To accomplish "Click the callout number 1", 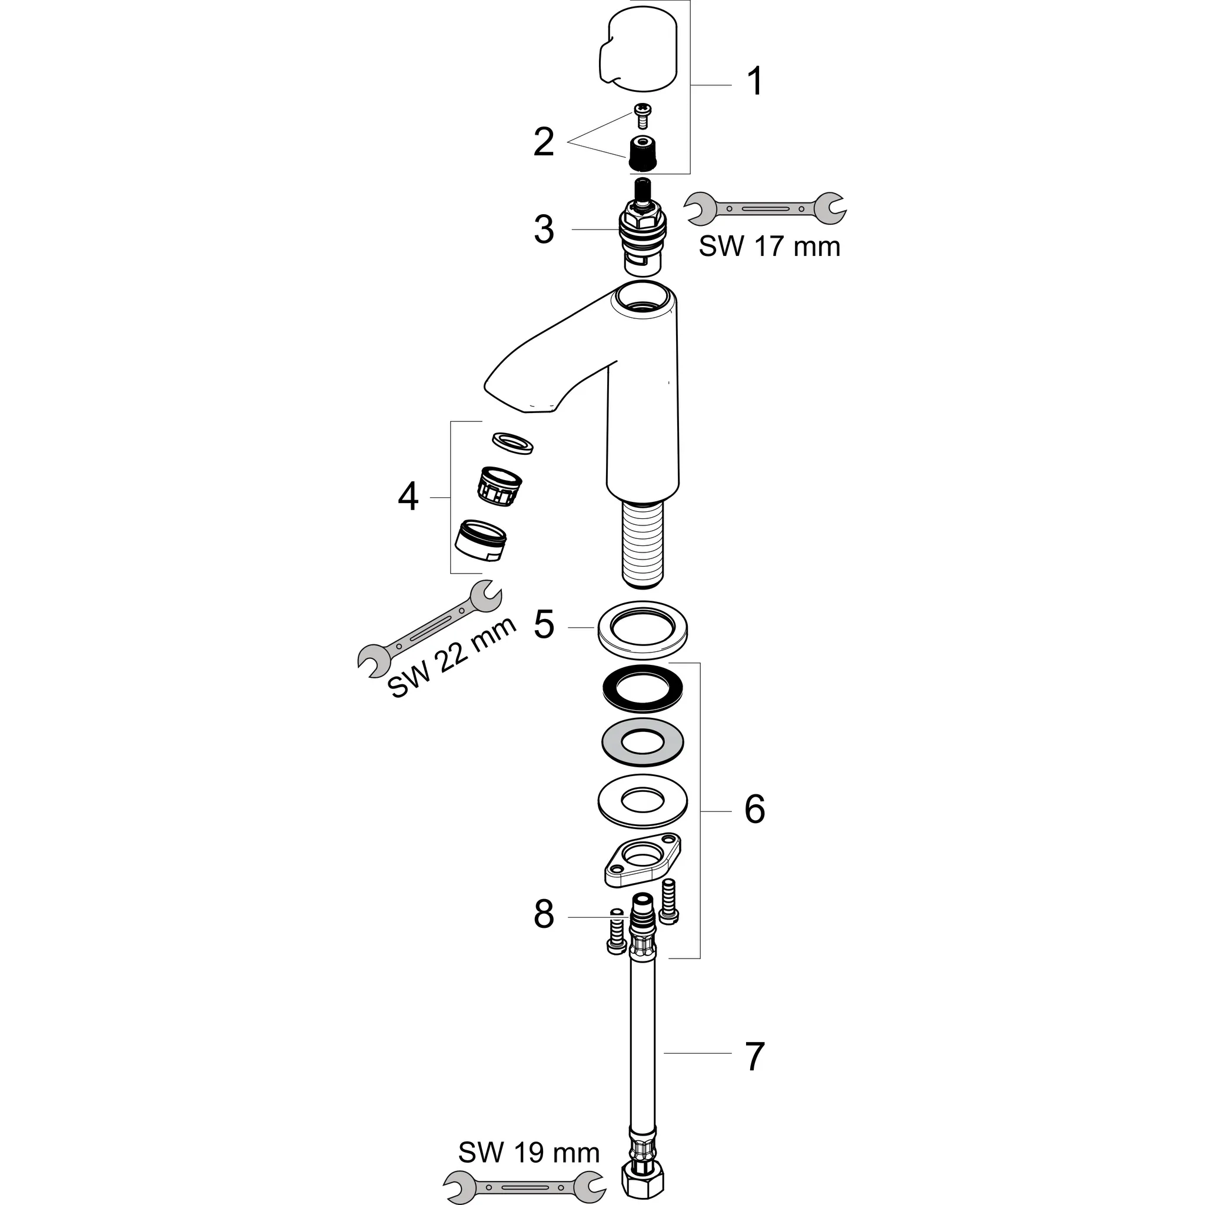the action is click(x=755, y=82).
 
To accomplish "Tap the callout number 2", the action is click(x=544, y=142).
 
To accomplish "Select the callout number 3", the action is click(x=544, y=229).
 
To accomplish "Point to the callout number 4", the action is click(x=408, y=498).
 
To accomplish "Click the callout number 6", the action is click(x=755, y=810).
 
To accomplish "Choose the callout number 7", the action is click(x=755, y=1057).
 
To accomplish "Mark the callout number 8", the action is click(x=544, y=915).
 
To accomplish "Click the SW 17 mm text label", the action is click(x=770, y=247).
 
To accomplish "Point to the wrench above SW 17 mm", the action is click(x=766, y=207).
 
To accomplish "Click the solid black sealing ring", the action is click(x=643, y=688).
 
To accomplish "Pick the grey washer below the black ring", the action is click(x=643, y=742).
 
